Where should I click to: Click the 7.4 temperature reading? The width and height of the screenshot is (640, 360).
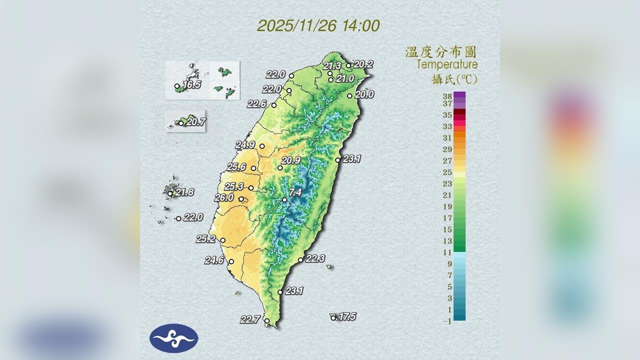(295, 192)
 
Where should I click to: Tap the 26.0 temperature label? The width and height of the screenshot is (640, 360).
(223, 198)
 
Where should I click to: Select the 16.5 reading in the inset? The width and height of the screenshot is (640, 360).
(192, 85)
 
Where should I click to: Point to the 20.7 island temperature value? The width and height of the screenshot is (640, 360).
(195, 121)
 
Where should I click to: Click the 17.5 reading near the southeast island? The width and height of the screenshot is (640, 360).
(347, 316)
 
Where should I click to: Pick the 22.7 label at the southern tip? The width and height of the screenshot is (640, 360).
(249, 319)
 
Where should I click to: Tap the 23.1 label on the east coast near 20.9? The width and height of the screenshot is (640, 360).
(352, 159)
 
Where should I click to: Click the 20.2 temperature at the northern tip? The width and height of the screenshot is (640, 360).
(363, 64)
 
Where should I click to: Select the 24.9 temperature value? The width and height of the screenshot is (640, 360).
(245, 145)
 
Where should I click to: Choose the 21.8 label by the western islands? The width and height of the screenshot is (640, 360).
(184, 192)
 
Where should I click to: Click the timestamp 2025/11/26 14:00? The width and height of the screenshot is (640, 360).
(318, 26)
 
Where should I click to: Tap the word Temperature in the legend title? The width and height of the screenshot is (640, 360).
(447, 64)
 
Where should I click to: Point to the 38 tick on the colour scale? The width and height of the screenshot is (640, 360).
(447, 96)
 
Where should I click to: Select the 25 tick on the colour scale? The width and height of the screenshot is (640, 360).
(447, 172)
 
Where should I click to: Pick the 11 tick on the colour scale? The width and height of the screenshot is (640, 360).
(447, 252)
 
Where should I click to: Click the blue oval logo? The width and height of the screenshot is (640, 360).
(174, 338)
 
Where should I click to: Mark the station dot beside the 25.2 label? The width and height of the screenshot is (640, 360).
(223, 240)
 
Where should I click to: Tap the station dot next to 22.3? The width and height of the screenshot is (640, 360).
(300, 260)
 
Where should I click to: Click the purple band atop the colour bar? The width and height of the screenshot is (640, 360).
(459, 95)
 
